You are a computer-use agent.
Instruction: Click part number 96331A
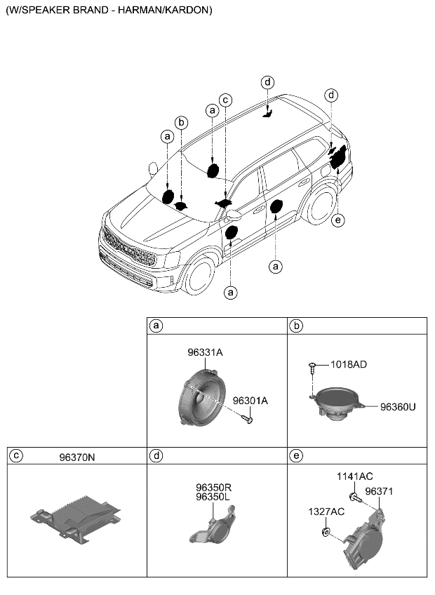tap(205, 352)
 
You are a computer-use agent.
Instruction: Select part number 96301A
tap(250, 401)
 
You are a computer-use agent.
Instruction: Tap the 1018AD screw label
tap(349, 365)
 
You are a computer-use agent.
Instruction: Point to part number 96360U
tap(398, 407)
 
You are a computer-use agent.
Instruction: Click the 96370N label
tap(77, 457)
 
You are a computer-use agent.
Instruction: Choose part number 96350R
tap(214, 488)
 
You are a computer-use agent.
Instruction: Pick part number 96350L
tap(213, 497)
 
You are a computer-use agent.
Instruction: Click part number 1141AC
tap(355, 476)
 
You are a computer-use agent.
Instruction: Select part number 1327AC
tap(326, 512)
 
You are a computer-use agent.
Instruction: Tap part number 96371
tap(379, 491)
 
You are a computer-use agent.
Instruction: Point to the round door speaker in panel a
tap(201, 397)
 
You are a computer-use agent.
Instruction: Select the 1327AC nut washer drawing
tap(326, 532)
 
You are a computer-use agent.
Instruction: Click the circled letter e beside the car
tap(338, 220)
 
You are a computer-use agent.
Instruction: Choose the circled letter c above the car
tap(225, 100)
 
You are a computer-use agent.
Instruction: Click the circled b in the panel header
tap(295, 326)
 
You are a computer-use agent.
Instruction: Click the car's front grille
tap(129, 248)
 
